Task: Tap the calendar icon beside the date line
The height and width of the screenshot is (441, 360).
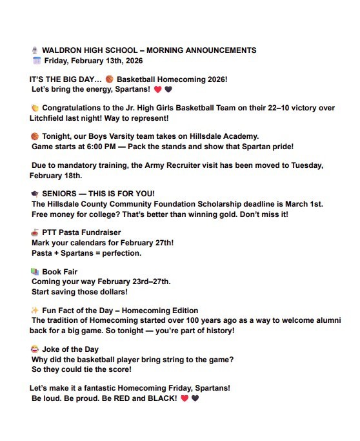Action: tap(36, 61)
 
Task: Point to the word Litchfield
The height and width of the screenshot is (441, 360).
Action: tap(52, 119)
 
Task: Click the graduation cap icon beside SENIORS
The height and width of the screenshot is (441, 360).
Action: tap(35, 194)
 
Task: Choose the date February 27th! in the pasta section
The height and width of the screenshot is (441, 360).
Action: tap(144, 243)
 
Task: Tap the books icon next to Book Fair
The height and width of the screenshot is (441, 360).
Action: tap(35, 272)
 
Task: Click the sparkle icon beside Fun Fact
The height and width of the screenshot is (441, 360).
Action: tap(35, 311)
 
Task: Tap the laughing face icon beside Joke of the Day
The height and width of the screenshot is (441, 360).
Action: tap(35, 349)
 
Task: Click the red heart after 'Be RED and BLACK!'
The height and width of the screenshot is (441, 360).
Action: tap(185, 398)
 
